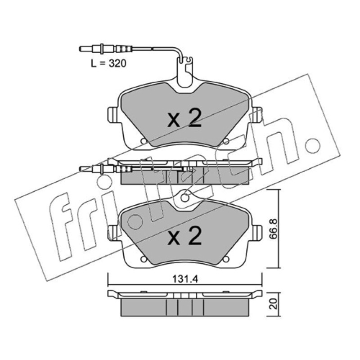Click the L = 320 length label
108,63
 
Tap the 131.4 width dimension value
185,279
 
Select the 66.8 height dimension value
273,229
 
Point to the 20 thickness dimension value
274,304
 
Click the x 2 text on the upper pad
184,118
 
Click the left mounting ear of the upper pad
113,115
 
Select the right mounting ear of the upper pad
257,115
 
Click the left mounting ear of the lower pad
113,232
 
